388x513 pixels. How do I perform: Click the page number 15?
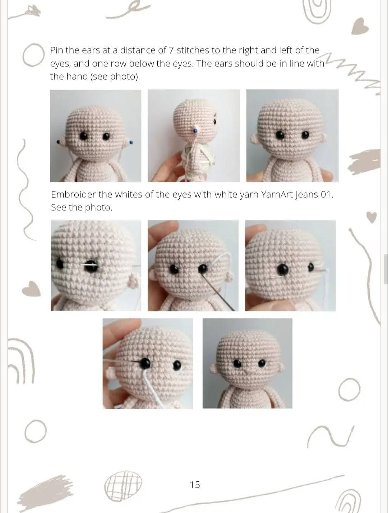pos(195,485)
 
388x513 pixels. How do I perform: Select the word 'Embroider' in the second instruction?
pos(73,195)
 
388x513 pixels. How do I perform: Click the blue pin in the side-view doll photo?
pos(195,130)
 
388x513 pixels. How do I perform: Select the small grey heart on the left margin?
pos(31,289)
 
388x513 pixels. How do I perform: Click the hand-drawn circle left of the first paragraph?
pos(33,56)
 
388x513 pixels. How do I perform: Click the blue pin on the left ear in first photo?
pos(58,142)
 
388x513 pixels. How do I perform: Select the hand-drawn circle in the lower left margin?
pos(35,431)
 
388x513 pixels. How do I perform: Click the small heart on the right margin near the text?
pos(371,217)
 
